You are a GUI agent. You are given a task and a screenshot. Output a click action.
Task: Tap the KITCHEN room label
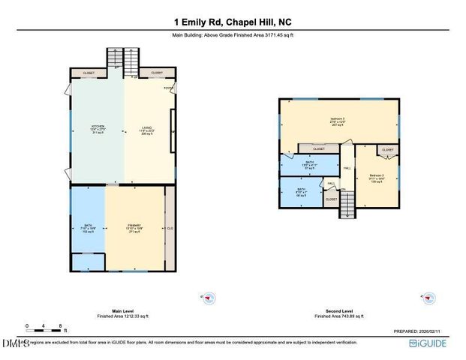(98, 129)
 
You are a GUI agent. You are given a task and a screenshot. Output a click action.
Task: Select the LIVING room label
(146, 129)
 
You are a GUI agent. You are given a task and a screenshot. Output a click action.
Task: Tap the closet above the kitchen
(89, 73)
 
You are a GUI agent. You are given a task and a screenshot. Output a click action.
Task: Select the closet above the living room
(156, 73)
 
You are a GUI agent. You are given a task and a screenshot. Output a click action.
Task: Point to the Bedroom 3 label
(338, 121)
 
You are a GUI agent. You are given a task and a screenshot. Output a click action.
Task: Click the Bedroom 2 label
(377, 178)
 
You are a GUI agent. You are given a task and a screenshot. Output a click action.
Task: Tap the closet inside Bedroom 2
(387, 149)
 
